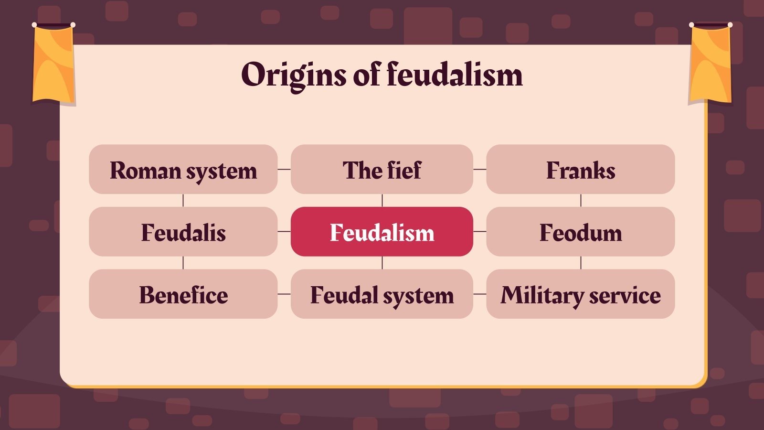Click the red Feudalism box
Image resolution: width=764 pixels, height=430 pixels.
(x=382, y=232)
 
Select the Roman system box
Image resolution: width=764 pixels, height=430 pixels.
(x=183, y=170)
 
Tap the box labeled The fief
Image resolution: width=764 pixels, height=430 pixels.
(x=382, y=170)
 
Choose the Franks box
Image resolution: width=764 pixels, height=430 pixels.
(x=580, y=170)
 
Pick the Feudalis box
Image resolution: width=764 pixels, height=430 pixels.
(x=183, y=232)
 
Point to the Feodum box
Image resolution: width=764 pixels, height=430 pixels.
(x=580, y=232)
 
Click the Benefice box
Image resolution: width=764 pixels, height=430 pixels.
(x=183, y=294)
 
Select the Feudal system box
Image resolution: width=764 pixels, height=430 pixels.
(x=382, y=294)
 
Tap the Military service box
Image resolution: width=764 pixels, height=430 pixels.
(x=580, y=294)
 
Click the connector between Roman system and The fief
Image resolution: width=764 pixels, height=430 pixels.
(x=284, y=169)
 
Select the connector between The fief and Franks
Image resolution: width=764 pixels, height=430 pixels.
(x=479, y=169)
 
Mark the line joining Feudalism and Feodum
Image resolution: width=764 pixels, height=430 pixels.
(x=479, y=231)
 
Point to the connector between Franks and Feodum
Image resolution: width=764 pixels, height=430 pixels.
(x=581, y=200)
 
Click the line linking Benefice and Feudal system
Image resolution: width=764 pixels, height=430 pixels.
(x=284, y=294)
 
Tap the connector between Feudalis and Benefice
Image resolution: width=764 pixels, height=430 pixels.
(x=183, y=262)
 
